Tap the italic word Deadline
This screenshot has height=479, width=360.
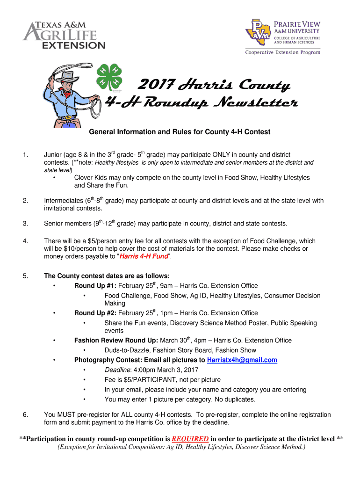tap(117, 370)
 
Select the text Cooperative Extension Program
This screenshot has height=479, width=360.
tap(283, 52)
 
